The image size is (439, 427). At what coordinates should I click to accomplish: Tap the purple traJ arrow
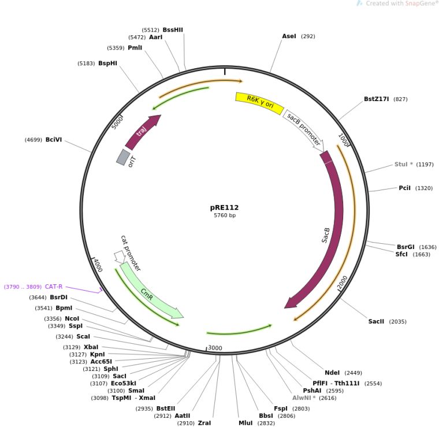(x=142, y=132)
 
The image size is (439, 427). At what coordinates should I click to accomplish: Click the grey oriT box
(x=123, y=157)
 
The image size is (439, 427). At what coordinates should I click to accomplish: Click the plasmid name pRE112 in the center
(x=224, y=207)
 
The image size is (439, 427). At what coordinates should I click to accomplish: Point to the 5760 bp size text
(x=224, y=216)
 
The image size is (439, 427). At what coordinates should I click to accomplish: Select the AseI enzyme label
(x=289, y=36)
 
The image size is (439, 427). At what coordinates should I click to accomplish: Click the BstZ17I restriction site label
(x=377, y=99)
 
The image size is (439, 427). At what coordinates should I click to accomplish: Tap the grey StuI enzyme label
(x=404, y=164)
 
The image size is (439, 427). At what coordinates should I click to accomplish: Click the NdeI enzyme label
(x=332, y=373)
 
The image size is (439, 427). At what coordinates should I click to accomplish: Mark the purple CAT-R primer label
(x=54, y=286)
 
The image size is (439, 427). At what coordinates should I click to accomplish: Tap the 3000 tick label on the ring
(x=215, y=348)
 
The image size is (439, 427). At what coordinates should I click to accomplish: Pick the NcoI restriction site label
(x=72, y=318)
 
